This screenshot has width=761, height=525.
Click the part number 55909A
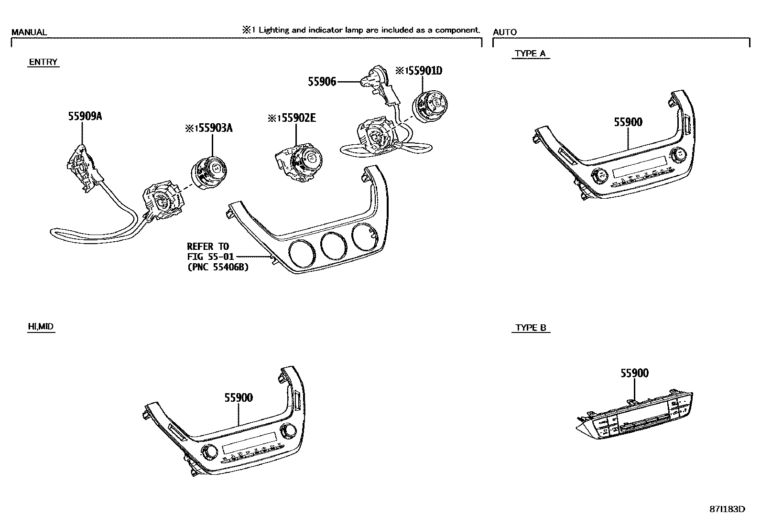click(85, 116)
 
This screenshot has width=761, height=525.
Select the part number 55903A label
click(213, 128)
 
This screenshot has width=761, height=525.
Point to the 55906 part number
click(322, 82)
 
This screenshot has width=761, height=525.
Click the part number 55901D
click(423, 71)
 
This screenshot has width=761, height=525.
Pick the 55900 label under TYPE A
click(628, 122)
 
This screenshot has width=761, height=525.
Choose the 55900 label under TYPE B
click(634, 373)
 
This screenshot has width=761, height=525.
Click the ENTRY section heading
click(43, 62)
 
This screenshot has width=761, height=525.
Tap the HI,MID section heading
click(41, 327)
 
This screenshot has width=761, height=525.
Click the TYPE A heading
click(530, 53)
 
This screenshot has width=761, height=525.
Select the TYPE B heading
click(531, 328)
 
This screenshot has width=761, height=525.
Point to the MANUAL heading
click(29, 32)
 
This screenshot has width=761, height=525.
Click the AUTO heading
click(505, 32)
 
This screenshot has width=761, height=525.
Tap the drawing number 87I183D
click(727, 509)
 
